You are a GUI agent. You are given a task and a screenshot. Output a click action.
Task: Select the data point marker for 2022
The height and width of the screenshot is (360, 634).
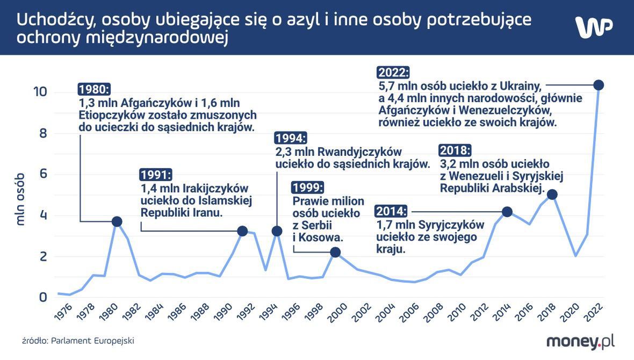599,85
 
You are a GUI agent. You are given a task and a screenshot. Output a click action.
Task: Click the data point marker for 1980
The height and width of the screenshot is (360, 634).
117,221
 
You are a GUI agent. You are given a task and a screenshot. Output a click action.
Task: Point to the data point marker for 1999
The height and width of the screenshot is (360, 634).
335,252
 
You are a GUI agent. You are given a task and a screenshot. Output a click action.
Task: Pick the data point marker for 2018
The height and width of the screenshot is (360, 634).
552,195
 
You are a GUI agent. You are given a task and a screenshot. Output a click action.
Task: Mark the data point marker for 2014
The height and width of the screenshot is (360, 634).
507,212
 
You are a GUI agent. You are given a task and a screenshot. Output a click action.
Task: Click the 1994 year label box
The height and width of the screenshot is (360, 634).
291,138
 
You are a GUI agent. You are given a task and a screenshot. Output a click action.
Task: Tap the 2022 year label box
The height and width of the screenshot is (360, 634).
394,73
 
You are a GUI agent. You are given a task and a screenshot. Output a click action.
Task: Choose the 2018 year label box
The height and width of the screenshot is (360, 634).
455,150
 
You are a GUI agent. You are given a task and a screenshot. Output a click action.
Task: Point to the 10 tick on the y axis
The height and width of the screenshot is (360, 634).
40,92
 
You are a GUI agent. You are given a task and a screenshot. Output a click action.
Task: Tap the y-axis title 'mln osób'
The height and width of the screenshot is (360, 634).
20,199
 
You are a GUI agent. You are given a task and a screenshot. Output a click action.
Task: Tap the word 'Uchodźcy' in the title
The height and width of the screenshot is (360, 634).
51,20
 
